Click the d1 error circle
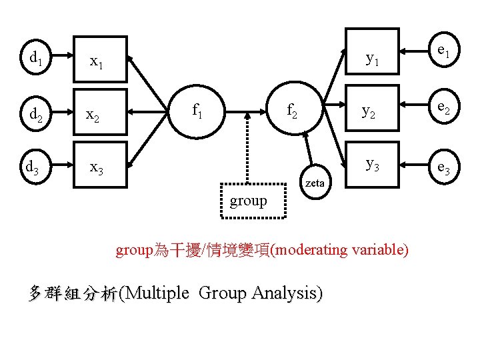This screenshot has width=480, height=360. tap(34, 58)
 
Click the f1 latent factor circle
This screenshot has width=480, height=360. tap(198, 110)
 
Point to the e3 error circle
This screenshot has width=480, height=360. tap(443, 170)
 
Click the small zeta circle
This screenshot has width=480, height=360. tap(315, 182)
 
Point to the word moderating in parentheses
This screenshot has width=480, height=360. tap(310, 250)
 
